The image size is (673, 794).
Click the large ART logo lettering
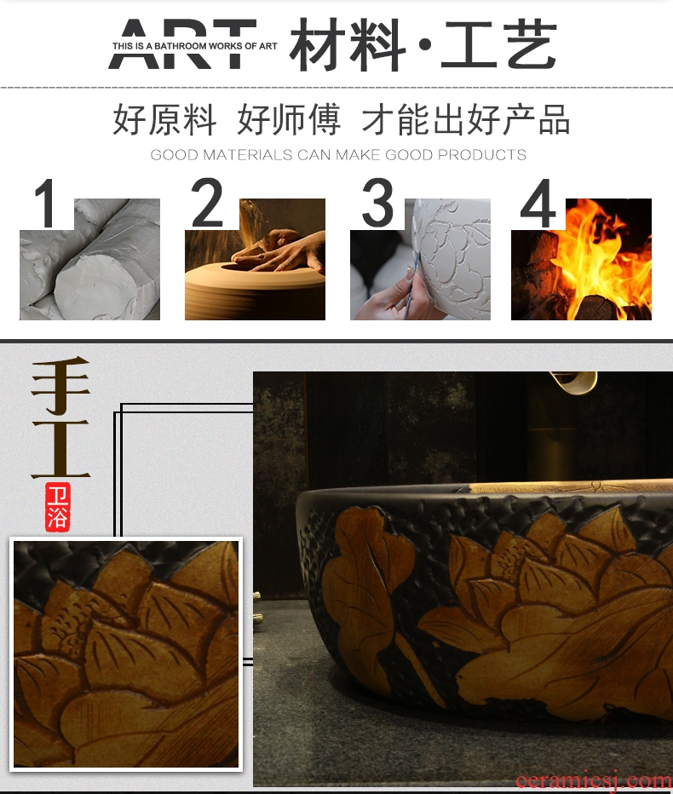182,43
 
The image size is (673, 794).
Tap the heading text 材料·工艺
423,44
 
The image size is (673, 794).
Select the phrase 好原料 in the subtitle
164,119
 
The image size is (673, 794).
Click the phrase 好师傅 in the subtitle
289,119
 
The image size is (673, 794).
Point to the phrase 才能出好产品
466,119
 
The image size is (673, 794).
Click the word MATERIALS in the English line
248,154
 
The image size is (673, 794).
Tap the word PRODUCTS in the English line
482,154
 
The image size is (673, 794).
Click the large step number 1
46,203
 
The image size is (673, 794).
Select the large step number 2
207,202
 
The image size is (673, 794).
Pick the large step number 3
377,202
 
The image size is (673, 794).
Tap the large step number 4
538,203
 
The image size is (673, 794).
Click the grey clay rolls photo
89,259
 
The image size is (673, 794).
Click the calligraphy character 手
60,384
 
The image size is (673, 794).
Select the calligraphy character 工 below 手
60,449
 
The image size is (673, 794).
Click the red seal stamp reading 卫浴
57,507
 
